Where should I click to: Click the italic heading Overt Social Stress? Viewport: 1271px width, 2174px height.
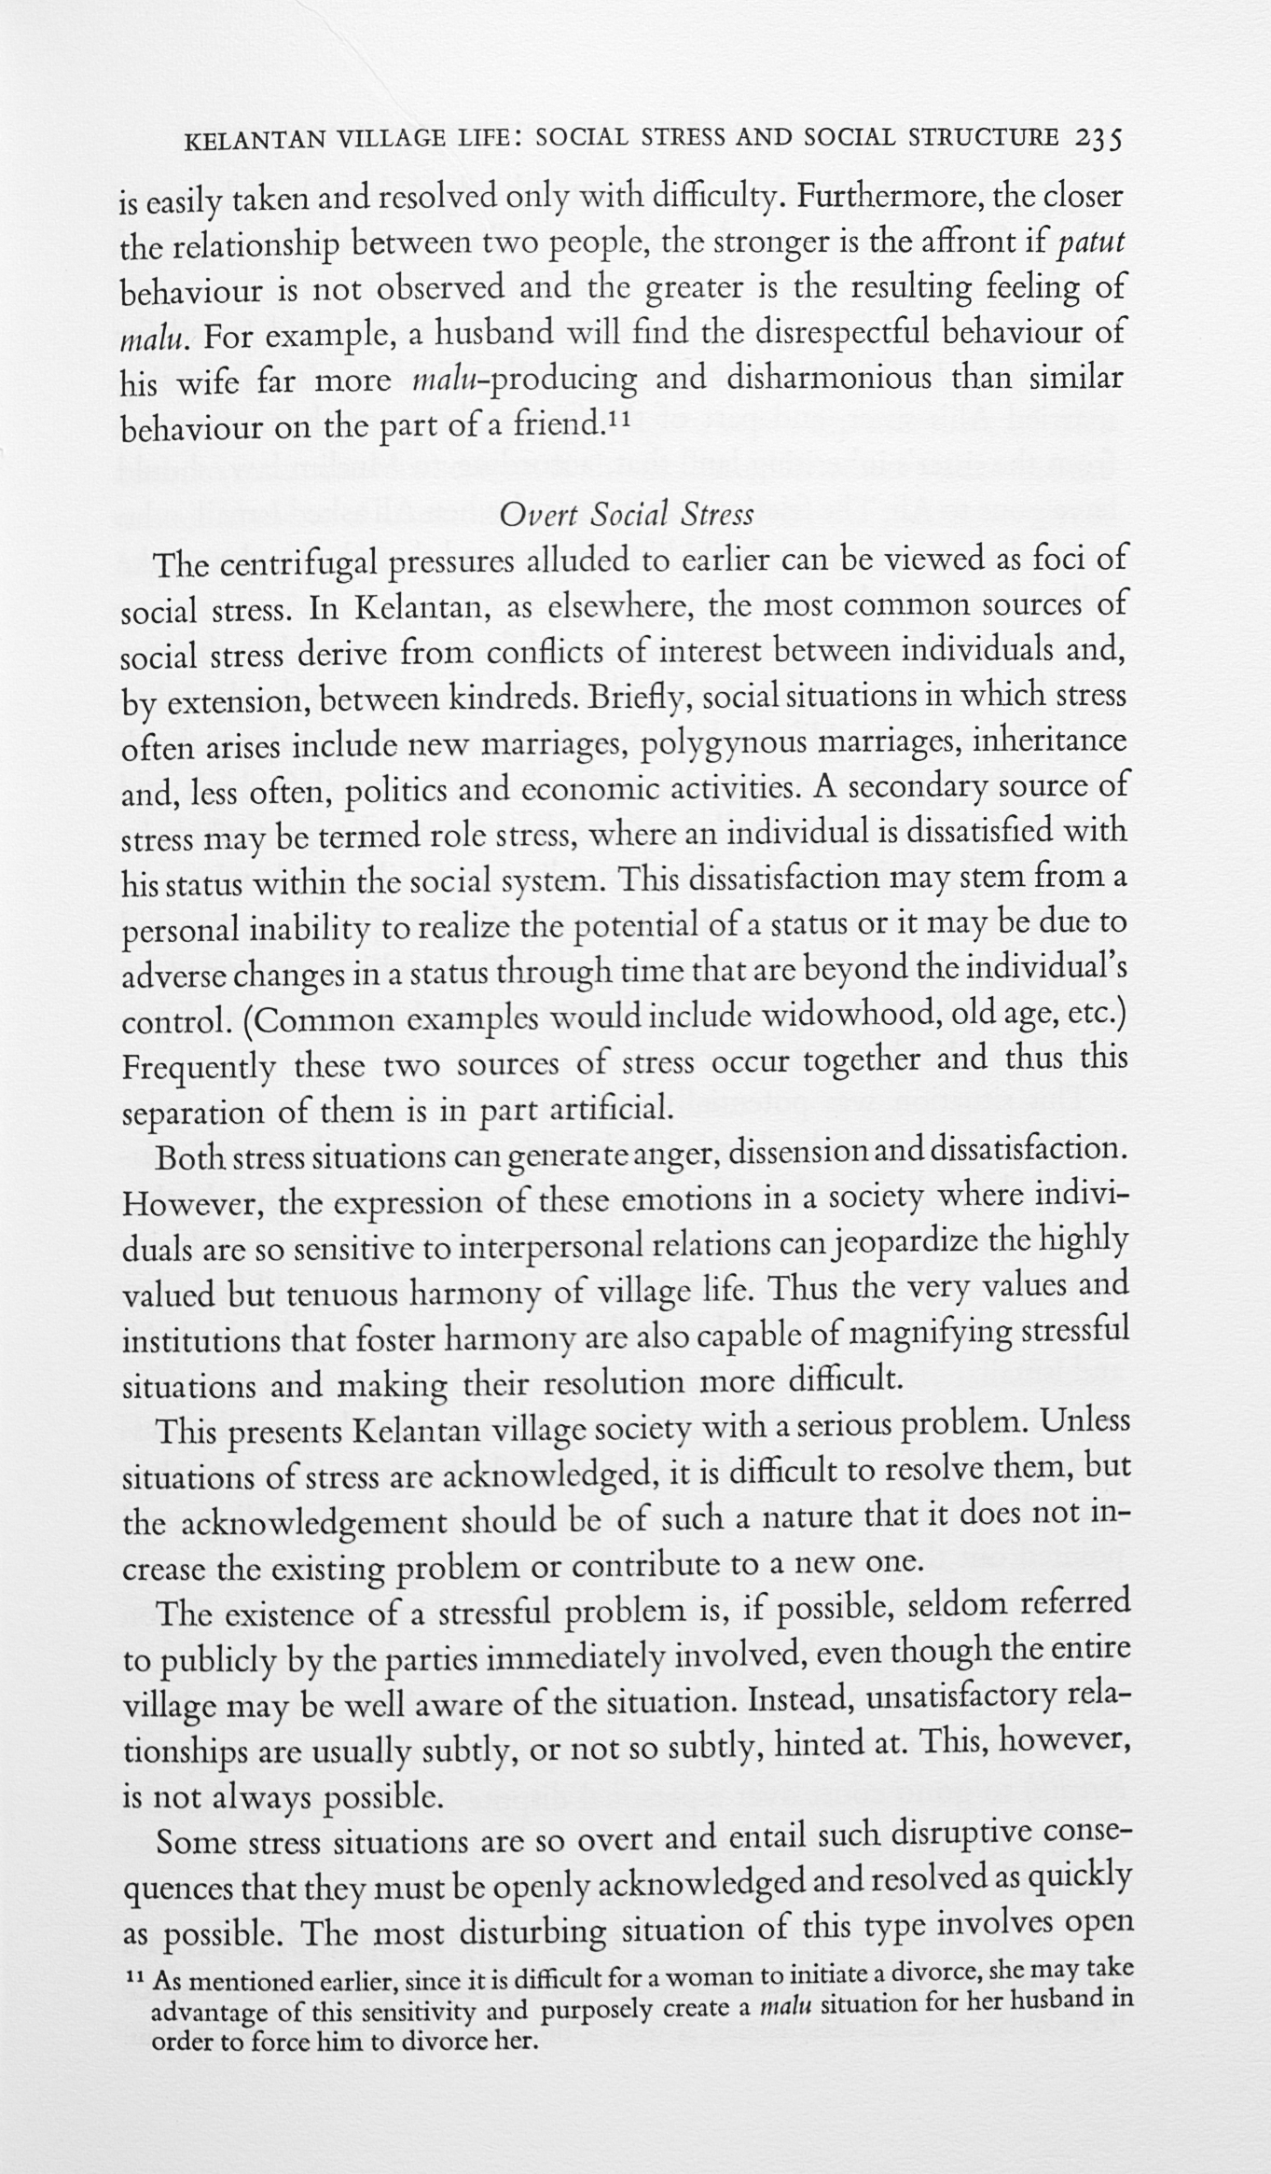[626, 516]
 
